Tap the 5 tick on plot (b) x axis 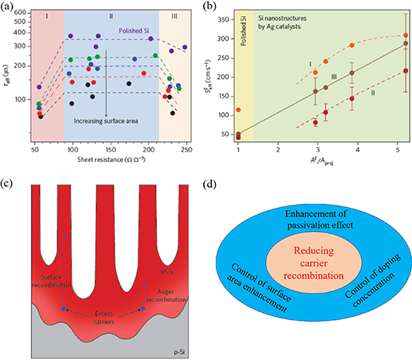395,151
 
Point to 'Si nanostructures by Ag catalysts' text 291,26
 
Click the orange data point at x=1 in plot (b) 238,110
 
